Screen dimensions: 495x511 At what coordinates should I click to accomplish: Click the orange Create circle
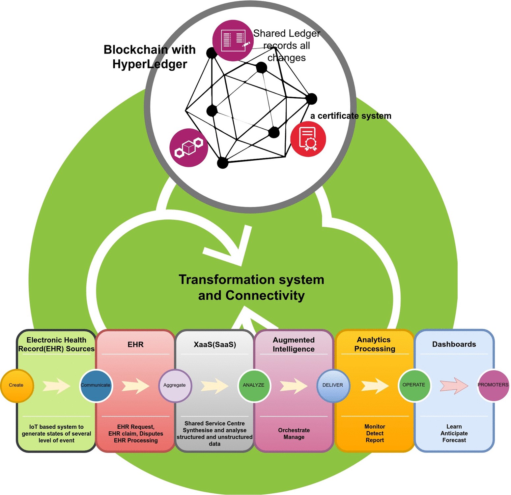(x=17, y=385)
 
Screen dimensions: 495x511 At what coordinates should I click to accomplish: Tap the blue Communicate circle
(x=96, y=385)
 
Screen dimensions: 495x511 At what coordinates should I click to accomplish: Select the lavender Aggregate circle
(x=175, y=385)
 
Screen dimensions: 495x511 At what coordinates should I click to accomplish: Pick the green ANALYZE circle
(x=254, y=385)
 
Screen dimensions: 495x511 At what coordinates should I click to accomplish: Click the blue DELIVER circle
(x=333, y=385)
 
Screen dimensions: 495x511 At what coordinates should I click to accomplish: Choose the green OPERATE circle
(x=414, y=385)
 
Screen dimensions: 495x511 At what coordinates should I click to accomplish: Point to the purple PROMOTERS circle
(x=493, y=385)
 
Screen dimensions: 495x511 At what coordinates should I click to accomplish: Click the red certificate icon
(x=308, y=139)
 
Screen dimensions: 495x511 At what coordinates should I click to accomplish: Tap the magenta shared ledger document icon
(x=233, y=41)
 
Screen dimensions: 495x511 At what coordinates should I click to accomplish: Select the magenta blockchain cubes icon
(x=189, y=148)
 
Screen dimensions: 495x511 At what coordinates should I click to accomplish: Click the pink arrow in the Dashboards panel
(x=454, y=385)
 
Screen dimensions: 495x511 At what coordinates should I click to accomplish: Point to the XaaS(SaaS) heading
(x=215, y=345)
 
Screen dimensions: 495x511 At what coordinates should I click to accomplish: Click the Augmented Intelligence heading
(x=294, y=345)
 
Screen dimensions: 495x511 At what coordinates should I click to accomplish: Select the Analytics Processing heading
(x=375, y=344)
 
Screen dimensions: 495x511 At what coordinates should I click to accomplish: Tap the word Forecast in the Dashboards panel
(x=454, y=440)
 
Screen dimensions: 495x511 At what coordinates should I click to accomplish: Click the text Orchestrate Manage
(x=294, y=434)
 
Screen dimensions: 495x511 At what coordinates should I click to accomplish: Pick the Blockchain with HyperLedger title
(x=150, y=57)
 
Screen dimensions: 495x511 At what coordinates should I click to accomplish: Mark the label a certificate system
(x=351, y=116)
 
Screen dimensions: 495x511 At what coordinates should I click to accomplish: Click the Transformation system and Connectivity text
(x=251, y=287)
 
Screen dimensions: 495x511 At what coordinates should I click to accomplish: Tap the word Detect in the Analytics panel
(x=375, y=433)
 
